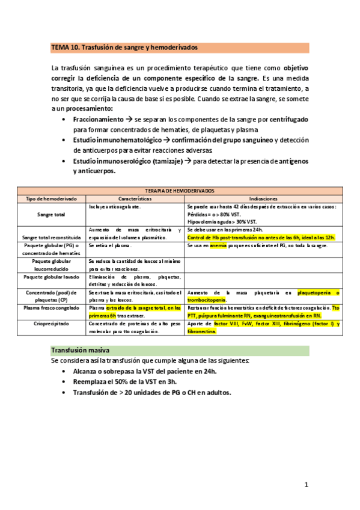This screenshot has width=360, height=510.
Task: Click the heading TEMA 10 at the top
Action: [124, 47]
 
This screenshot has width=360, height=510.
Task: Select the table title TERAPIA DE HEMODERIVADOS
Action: [180, 190]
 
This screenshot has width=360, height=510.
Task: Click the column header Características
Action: [135, 198]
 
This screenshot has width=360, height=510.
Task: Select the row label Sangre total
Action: [51, 214]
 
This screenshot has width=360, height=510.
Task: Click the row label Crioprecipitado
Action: [51, 324]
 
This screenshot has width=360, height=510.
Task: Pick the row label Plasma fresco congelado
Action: [51, 307]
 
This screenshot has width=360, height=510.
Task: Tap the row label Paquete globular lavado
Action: [51, 277]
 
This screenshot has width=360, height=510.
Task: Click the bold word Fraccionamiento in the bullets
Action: [97, 120]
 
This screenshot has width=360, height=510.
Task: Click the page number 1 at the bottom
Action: [306, 484]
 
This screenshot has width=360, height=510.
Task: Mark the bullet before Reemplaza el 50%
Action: [64, 382]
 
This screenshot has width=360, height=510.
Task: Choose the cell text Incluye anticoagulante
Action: [114, 206]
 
